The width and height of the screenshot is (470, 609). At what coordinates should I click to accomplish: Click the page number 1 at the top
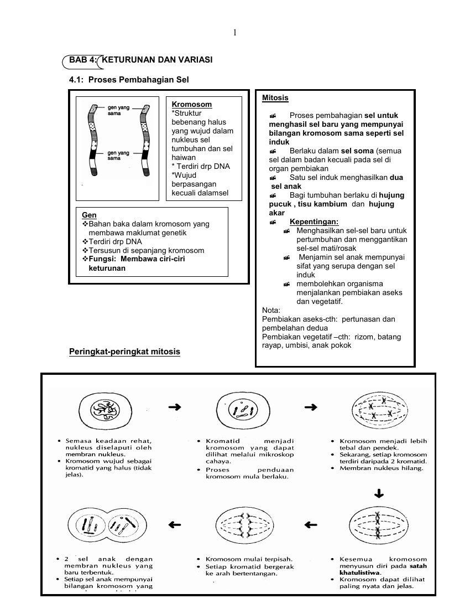pos(235,33)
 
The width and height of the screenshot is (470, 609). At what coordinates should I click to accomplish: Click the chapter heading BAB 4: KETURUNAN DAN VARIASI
pos(140,60)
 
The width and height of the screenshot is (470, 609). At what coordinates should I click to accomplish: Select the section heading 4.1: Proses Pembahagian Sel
pos(129,80)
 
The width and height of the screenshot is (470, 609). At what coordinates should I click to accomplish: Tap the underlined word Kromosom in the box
pos(191,104)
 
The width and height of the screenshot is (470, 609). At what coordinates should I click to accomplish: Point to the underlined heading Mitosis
pos(275,98)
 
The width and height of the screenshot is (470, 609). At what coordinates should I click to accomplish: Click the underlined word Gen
pos(89,215)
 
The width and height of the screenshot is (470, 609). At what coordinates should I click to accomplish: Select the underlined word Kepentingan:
pos(314,222)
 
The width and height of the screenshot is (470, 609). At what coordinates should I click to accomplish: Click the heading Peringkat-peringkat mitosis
pos(124,352)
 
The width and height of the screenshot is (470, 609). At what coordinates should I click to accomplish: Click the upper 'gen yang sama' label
pos(118,110)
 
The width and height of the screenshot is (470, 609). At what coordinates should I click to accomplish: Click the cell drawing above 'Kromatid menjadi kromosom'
pos(244,410)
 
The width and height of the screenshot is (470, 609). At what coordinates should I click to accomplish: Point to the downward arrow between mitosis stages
pos(379,493)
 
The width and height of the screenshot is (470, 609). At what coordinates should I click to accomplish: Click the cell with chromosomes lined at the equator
pos(379,525)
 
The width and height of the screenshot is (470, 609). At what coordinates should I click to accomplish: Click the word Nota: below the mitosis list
pos(271,311)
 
